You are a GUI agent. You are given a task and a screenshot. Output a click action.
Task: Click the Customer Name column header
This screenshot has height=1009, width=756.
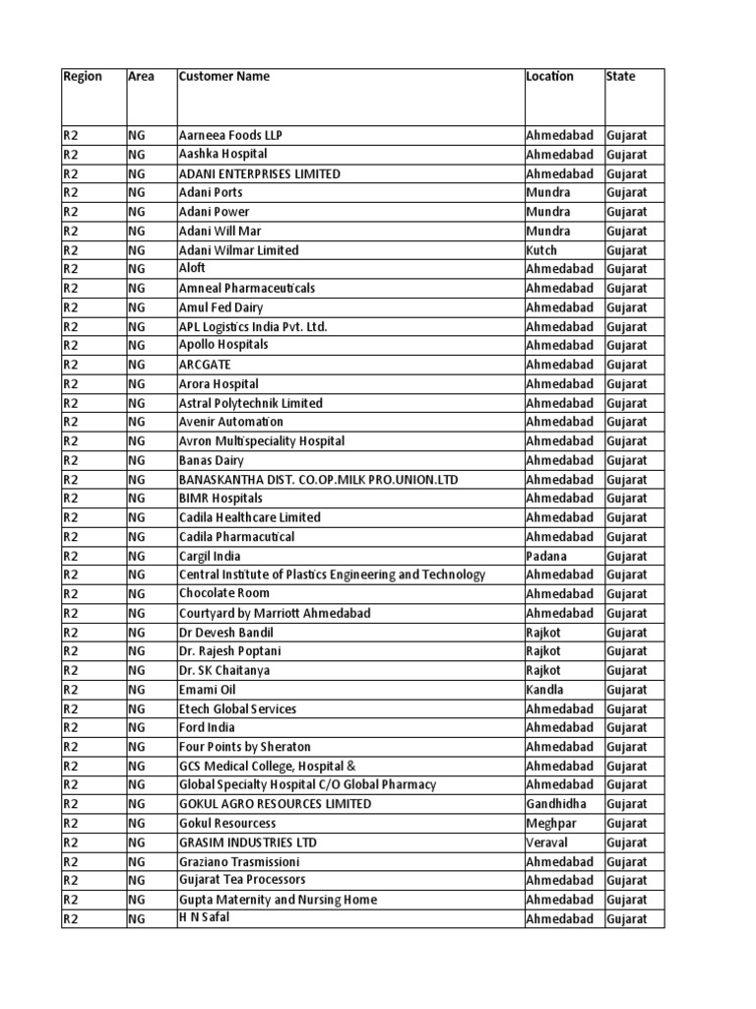pyautogui.click(x=223, y=77)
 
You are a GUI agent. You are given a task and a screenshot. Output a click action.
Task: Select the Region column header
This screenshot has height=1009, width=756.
pyautogui.click(x=82, y=77)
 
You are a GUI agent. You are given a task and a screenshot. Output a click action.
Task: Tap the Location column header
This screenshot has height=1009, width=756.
pyautogui.click(x=549, y=77)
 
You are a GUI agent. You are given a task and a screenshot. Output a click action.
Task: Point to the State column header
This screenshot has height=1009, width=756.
pyautogui.click(x=621, y=77)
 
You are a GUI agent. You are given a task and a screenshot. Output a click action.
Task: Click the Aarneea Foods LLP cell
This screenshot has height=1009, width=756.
pyautogui.click(x=230, y=135)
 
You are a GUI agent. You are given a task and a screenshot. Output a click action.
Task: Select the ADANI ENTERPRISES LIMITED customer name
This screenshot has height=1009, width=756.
pyautogui.click(x=260, y=173)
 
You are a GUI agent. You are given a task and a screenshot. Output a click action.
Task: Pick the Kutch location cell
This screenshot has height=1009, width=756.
pyautogui.click(x=541, y=250)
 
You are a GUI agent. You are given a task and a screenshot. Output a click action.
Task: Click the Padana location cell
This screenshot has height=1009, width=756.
pyautogui.click(x=546, y=556)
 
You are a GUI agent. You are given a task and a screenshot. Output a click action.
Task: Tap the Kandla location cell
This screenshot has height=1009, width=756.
pyautogui.click(x=545, y=690)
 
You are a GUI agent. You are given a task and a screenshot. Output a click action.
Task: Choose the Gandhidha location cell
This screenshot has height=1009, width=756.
pyautogui.click(x=556, y=804)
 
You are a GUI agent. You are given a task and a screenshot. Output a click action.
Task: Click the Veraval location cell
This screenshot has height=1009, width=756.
pyautogui.click(x=547, y=842)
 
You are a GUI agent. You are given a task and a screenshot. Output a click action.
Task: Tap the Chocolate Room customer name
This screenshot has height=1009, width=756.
pyautogui.click(x=223, y=593)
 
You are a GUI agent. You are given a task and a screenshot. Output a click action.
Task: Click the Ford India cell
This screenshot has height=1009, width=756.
pyautogui.click(x=207, y=727)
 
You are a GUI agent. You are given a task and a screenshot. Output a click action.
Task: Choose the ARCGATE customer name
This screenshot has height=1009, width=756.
pyautogui.click(x=205, y=365)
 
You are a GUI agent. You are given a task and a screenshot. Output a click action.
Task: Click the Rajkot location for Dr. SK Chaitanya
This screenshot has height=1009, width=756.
pyautogui.click(x=543, y=670)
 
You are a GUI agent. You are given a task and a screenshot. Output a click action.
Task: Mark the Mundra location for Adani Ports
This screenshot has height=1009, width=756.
pyautogui.click(x=547, y=192)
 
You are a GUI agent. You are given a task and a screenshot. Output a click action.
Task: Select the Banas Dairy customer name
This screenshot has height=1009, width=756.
pyautogui.click(x=211, y=460)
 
